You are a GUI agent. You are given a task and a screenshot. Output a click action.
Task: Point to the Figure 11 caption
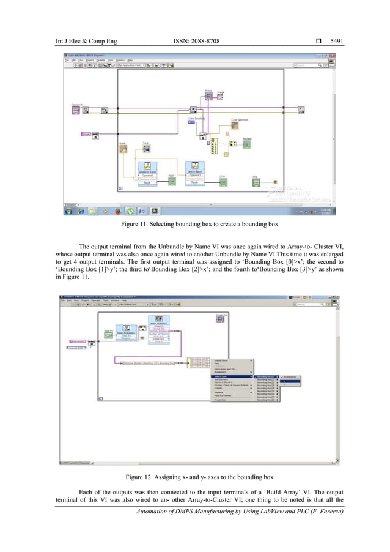coord(196,225)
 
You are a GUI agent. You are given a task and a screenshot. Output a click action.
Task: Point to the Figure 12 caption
coord(196,476)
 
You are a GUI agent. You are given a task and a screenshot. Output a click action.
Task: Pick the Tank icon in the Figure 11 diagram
coord(146,149)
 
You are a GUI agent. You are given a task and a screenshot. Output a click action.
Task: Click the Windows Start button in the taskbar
coord(70,211)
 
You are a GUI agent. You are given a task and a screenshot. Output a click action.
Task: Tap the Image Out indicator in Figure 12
coord(221,318)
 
